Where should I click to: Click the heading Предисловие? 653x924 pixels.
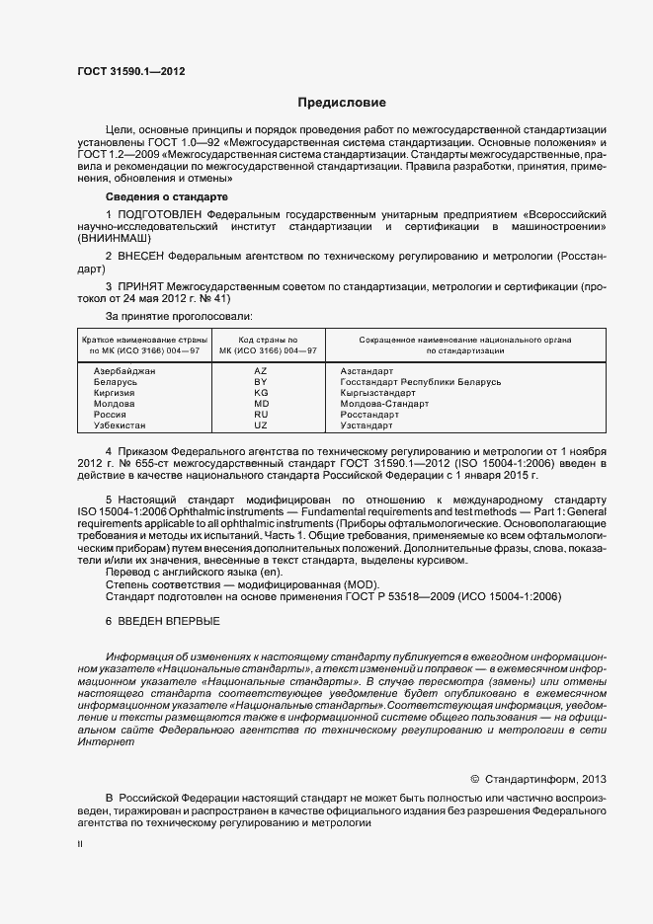tap(342, 103)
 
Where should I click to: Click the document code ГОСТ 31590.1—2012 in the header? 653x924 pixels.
tap(130, 71)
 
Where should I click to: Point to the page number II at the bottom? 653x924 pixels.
tap(80, 845)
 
